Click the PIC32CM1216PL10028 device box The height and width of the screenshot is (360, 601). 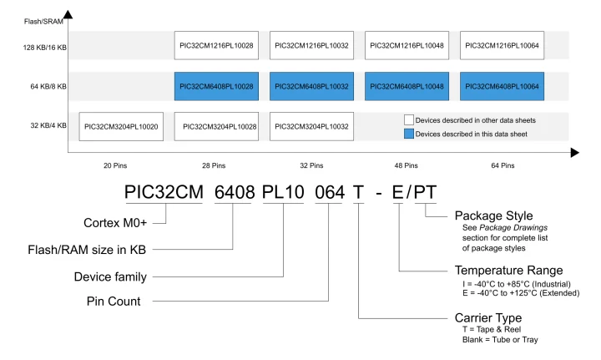tap(216, 44)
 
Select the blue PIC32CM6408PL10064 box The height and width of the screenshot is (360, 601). tap(503, 86)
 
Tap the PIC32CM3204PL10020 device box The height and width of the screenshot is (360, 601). tap(121, 127)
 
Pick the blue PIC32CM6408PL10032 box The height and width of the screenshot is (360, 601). tap(311, 86)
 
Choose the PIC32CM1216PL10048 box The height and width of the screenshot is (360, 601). tap(407, 44)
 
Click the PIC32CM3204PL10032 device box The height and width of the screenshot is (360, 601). tap(311, 127)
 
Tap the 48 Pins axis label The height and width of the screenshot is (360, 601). tap(407, 165)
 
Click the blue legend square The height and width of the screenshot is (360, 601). tap(410, 134)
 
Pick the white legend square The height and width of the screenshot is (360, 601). tap(410, 120)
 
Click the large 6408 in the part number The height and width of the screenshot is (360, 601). tap(235, 192)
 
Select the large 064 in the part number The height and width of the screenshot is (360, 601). tap(329, 192)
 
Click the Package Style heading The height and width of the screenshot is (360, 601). tap(497, 215)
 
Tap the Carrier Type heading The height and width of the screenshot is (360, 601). tap(490, 318)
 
